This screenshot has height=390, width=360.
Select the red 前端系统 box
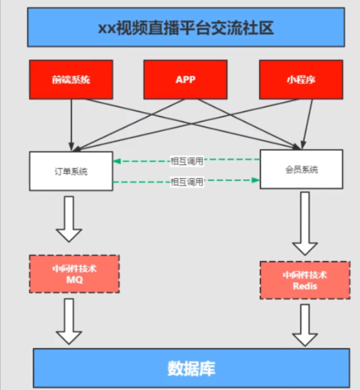(71, 79)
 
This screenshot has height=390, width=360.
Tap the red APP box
(186, 79)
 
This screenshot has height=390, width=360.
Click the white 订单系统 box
(71, 171)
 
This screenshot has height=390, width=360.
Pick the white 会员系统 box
(302, 169)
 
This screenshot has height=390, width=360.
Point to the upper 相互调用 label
(187, 161)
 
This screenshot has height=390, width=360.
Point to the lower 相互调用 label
(187, 182)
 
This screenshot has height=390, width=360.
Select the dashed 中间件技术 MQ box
(74, 274)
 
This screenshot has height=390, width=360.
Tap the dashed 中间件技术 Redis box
(304, 280)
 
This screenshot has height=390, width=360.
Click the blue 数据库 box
(191, 368)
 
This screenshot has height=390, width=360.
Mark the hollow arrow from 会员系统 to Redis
(304, 224)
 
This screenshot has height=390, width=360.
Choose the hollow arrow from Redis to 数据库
(304, 325)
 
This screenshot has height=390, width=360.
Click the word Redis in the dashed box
(304, 286)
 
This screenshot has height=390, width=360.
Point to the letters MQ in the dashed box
(74, 280)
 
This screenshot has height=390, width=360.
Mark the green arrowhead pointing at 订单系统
(116, 161)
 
